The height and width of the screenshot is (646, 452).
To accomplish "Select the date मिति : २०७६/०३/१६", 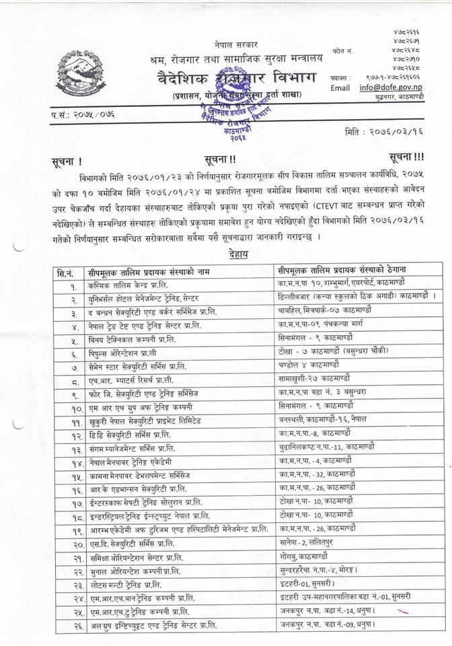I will click(x=398, y=131).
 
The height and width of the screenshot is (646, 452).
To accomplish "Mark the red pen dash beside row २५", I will click(x=404, y=611).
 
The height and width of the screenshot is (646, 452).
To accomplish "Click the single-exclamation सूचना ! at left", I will click(x=65, y=162).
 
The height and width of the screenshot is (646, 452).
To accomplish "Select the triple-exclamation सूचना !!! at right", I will click(x=406, y=157).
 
